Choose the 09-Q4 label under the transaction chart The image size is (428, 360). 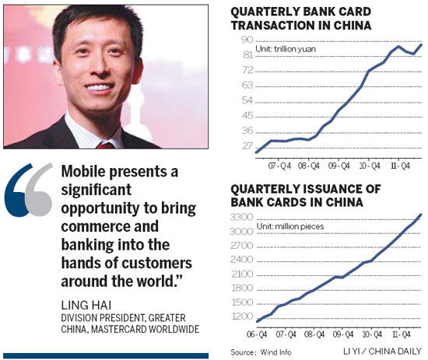pos(336,166)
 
